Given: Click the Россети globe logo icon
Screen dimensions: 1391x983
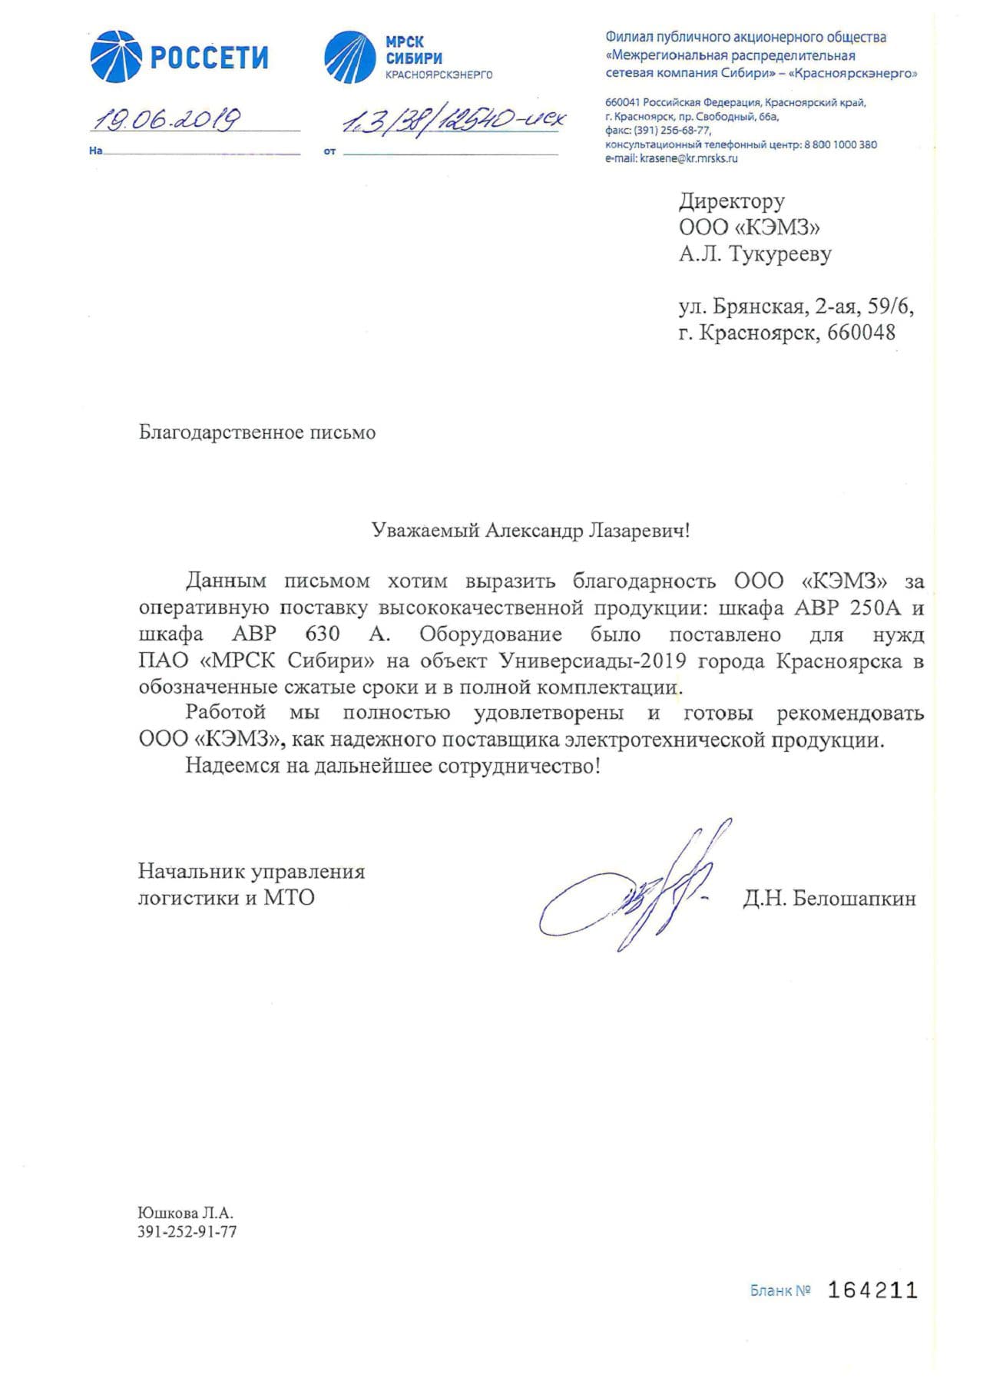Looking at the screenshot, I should tap(116, 57).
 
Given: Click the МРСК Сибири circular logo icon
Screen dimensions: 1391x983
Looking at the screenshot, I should tap(350, 58).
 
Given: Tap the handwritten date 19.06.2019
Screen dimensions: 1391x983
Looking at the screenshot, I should tap(165, 119).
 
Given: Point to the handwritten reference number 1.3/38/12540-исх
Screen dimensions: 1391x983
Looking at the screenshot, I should tap(453, 121).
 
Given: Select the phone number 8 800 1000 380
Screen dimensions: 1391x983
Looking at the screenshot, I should tap(840, 144).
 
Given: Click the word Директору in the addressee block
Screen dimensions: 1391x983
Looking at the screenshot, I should tap(731, 201).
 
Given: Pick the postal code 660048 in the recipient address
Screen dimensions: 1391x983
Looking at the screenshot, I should tap(861, 333).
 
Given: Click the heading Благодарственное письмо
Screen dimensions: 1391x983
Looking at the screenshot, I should tap(257, 432).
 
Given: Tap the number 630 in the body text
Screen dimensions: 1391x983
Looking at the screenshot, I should tap(322, 634).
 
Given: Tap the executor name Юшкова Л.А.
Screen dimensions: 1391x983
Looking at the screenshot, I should tap(185, 1214).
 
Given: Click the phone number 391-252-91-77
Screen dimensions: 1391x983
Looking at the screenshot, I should tap(187, 1232).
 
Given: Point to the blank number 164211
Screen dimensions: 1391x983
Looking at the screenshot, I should tap(872, 1290).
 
